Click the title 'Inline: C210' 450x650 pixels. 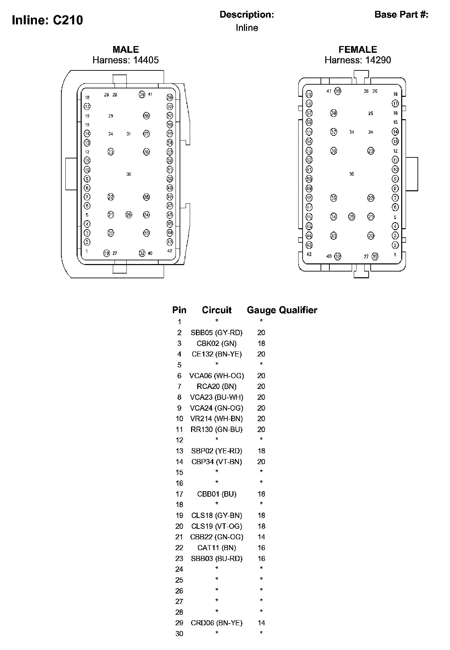tap(47, 20)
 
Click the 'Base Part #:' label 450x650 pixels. tap(401, 15)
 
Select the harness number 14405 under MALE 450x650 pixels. tap(146, 60)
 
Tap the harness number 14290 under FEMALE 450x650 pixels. tap(378, 60)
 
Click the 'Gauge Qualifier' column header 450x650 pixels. tap(282, 310)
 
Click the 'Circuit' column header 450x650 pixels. tap(217, 310)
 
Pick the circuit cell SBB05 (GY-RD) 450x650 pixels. tap(217, 333)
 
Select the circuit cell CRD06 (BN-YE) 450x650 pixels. tap(217, 623)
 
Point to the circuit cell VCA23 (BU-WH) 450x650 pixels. tap(217, 397)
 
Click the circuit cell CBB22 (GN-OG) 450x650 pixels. tap(217, 537)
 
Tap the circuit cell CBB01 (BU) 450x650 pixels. tap(217, 494)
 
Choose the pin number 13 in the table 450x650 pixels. tap(179, 451)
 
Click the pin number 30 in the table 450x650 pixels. tap(179, 634)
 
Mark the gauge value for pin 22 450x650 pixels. tap(261, 548)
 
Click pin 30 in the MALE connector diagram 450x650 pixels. tap(129, 174)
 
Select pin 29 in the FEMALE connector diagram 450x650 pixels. tap(352, 217)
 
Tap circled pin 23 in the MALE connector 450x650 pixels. tap(111, 152)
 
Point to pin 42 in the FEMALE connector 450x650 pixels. tap(309, 254)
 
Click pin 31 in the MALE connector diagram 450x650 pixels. tap(129, 134)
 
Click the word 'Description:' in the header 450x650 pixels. tap(247, 15)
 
